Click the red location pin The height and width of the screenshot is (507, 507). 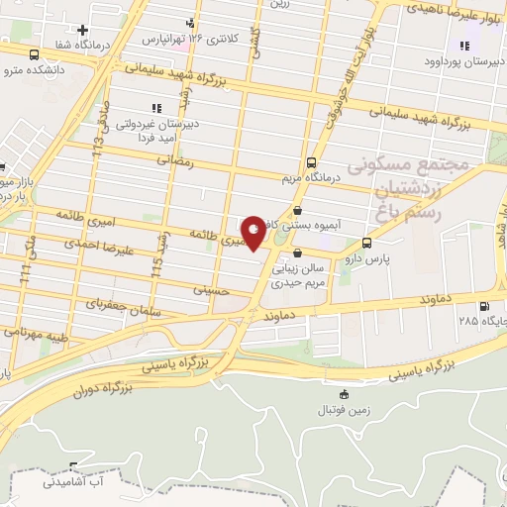[253, 232]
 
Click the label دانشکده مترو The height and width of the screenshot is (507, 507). [36, 69]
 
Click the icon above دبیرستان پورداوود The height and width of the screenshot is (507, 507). [463, 45]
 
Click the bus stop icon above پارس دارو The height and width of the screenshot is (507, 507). [367, 242]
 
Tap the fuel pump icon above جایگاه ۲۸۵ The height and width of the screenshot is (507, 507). [484, 307]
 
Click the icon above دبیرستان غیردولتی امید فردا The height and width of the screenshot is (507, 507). [154, 108]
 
